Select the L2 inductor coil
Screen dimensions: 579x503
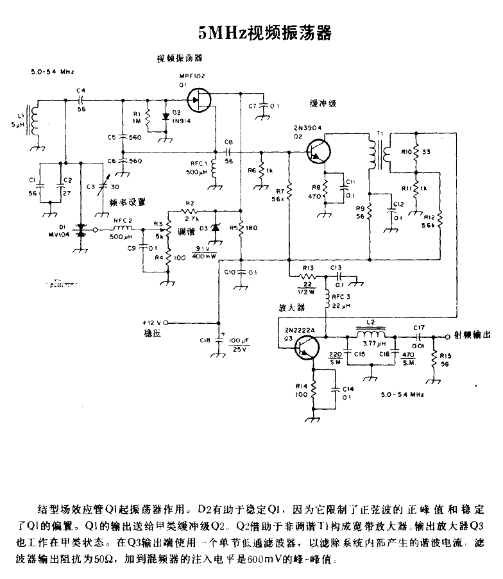371,337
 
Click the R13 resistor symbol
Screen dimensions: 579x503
310,276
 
